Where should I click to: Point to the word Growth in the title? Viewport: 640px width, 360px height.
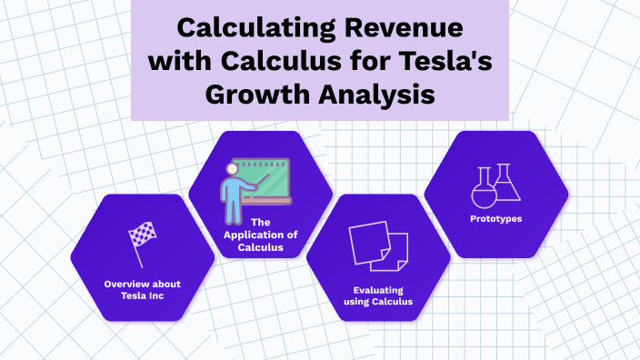(259, 95)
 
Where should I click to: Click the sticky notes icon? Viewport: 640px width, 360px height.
(378, 248)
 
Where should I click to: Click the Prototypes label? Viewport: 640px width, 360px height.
(496, 219)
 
